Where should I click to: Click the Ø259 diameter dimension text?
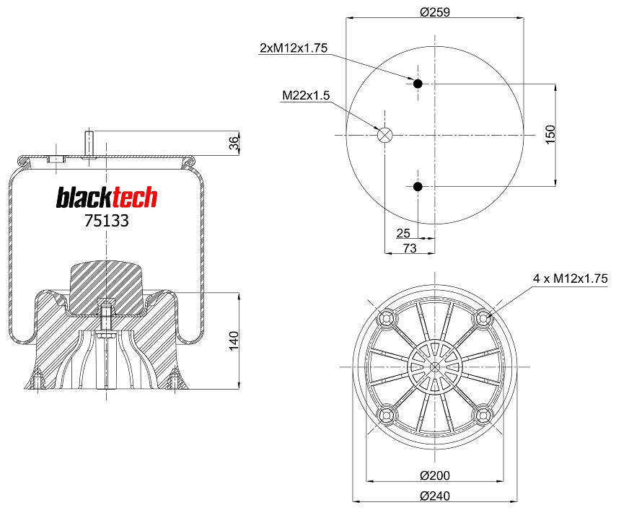(434, 12)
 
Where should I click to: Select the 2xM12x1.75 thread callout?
(294, 48)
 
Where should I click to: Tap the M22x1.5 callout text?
(306, 95)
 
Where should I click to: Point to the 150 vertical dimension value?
(550, 135)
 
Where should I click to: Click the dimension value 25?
(403, 233)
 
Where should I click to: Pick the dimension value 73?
(409, 247)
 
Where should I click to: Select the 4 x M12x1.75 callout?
(571, 278)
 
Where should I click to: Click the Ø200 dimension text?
(434, 475)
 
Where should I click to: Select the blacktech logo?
(107, 198)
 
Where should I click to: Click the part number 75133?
(106, 221)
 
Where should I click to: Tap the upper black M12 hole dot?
(418, 84)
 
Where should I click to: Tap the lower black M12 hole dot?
(418, 188)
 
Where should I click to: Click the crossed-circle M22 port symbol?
(384, 135)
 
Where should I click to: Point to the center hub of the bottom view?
(434, 366)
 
